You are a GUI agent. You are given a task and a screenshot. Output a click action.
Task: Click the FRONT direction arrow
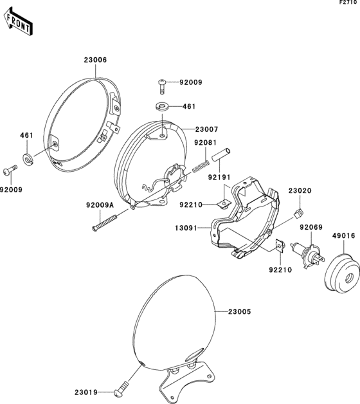18,22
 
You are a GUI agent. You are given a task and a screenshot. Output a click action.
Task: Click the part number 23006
95,60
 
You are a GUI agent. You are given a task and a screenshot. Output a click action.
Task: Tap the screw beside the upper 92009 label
162,87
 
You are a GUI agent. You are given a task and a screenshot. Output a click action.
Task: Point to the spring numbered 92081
201,166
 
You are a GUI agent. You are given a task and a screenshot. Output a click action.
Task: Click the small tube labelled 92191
221,154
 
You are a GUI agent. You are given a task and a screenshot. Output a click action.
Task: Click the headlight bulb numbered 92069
308,255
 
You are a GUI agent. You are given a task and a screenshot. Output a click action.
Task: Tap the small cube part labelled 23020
299,213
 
